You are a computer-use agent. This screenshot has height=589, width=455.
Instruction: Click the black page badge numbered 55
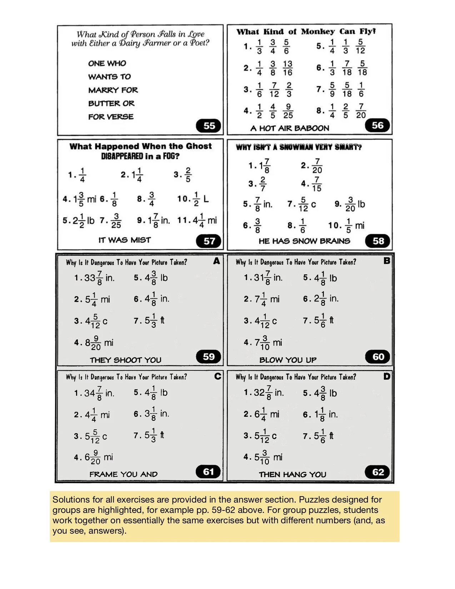(209, 126)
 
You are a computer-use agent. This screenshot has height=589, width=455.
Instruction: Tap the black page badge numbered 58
(378, 241)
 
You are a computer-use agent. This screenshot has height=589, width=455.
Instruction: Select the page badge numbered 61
(209, 472)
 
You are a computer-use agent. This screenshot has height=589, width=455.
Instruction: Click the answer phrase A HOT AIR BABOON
(290, 128)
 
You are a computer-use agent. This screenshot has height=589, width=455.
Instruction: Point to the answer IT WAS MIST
(125, 240)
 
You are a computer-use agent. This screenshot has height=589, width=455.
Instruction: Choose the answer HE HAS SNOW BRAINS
(304, 241)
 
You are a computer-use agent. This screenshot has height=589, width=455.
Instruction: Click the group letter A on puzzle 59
(216, 261)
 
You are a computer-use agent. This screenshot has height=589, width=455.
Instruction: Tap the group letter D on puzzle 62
(386, 376)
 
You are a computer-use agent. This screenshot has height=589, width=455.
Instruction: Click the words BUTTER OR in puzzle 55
(111, 104)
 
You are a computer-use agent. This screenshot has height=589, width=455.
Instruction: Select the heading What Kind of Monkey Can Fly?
(306, 31)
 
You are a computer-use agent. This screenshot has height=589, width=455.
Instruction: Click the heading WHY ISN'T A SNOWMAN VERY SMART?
(299, 147)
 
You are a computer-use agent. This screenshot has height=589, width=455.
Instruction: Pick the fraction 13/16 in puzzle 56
(287, 68)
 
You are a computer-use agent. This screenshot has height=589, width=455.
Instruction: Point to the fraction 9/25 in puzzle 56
(288, 111)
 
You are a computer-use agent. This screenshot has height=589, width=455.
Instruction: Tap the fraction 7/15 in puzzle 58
(316, 184)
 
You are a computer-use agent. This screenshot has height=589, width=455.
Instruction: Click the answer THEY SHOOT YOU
(125, 360)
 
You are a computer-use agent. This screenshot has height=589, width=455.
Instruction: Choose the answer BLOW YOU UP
(288, 360)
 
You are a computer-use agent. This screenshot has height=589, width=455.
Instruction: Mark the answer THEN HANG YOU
(292, 474)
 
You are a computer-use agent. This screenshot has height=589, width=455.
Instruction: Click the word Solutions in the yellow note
(71, 500)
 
